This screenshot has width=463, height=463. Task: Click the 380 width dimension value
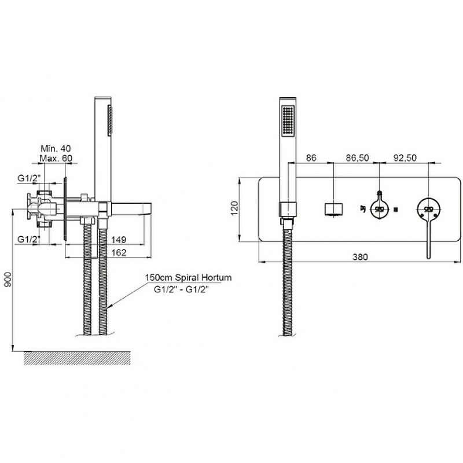click(360, 257)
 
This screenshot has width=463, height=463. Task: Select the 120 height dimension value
click(234, 208)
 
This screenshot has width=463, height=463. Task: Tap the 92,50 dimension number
click(405, 158)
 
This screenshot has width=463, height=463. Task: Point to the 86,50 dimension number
click(358, 158)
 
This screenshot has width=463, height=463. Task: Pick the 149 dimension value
click(119, 240)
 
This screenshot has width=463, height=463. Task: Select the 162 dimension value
click(119, 252)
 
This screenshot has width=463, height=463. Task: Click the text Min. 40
click(56, 148)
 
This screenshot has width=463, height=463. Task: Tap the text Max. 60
click(56, 158)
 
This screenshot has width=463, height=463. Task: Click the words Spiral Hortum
click(204, 278)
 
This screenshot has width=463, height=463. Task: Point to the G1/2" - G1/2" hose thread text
click(181, 289)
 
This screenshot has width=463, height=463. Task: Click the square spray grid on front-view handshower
click(287, 121)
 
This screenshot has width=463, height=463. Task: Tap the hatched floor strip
click(77, 358)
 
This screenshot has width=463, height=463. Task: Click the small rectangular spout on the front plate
click(333, 210)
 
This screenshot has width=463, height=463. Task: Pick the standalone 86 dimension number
click(311, 158)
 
